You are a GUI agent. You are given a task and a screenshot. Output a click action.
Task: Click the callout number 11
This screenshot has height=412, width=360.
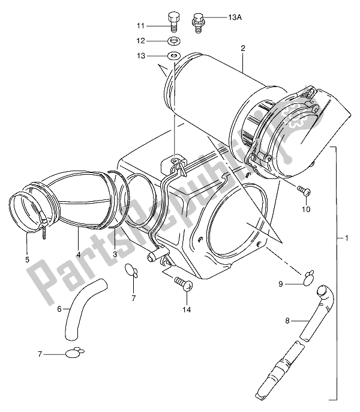(140, 26)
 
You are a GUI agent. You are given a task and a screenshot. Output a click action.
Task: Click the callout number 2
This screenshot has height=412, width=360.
(243, 47)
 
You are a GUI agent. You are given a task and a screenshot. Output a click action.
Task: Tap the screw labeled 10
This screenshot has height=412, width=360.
(306, 191)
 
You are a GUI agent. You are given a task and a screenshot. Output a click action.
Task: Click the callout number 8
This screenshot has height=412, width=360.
(287, 321)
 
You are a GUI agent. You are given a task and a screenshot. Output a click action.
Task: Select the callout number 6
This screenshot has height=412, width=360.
(59, 309)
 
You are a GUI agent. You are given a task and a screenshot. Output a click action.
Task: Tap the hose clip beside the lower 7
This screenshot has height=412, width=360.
(75, 353)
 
